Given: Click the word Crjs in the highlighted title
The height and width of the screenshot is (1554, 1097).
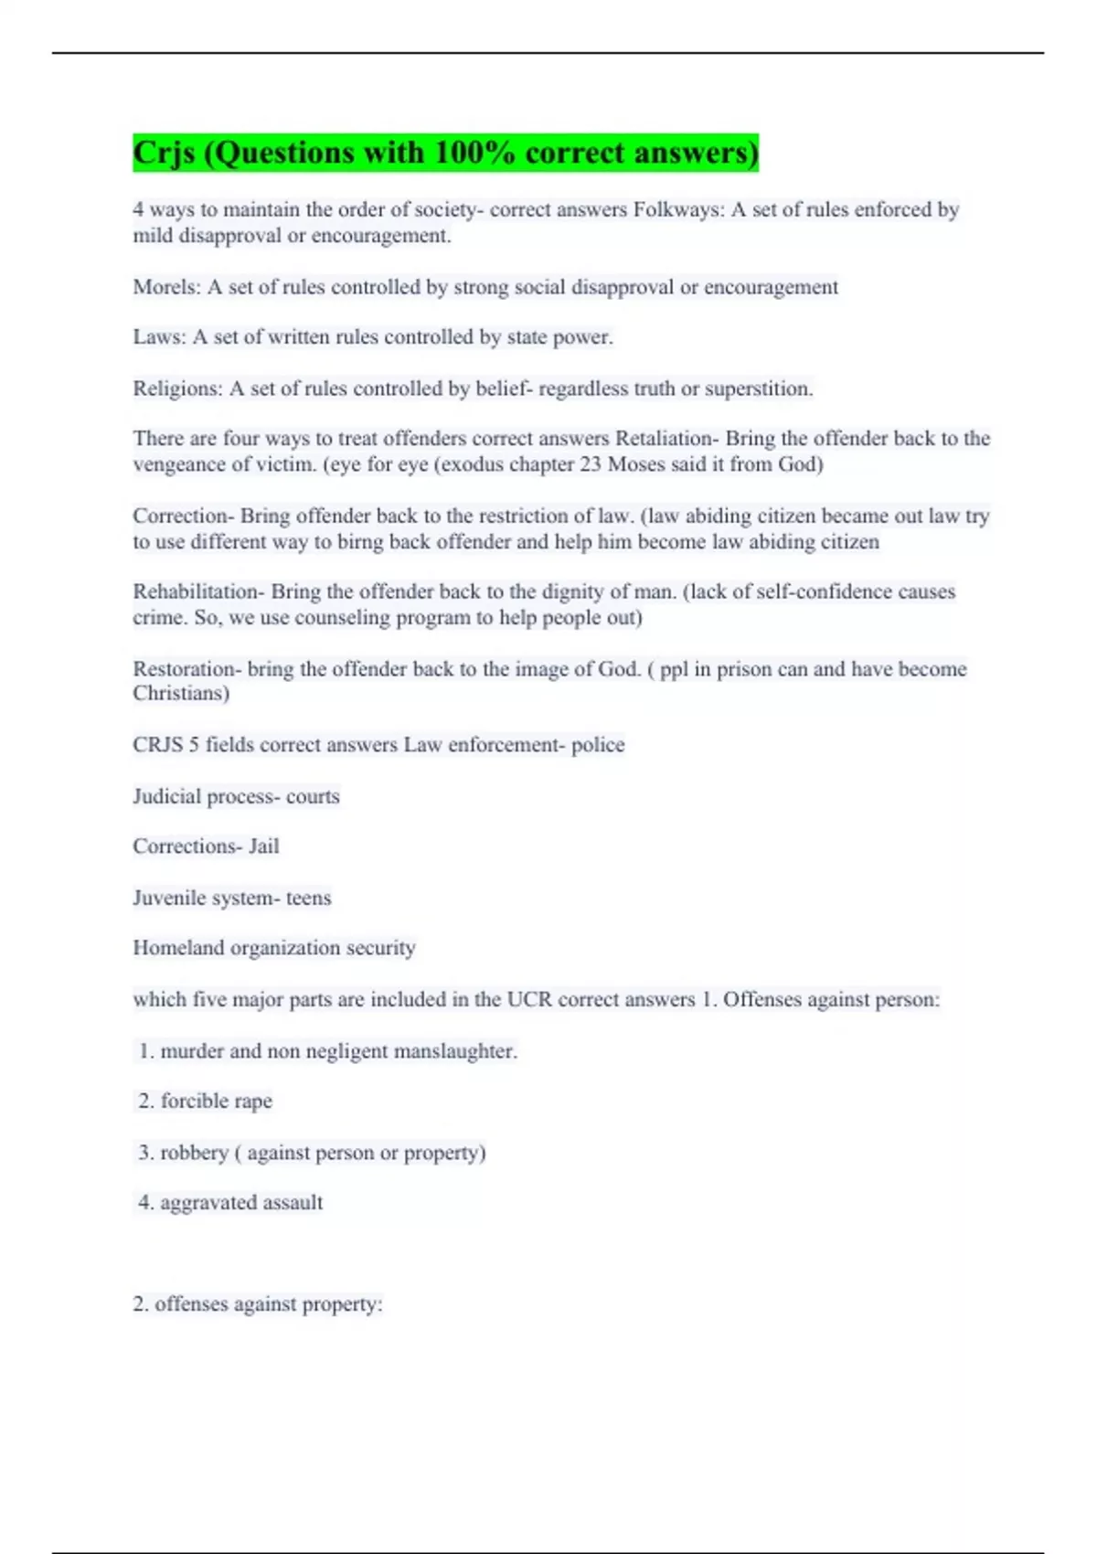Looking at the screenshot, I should (x=165, y=153).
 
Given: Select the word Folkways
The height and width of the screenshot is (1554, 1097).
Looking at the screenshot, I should (x=677, y=210).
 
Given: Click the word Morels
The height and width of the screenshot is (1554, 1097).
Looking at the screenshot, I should (x=165, y=288).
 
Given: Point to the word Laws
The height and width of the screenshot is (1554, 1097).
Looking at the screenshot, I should (x=158, y=337).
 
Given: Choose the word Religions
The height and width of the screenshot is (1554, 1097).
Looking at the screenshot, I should (x=176, y=389).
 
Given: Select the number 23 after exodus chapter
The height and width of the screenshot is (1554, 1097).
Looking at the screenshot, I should (x=591, y=464).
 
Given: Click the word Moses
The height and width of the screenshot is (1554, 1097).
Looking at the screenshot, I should (x=636, y=464).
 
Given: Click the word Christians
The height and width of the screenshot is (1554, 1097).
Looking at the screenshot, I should (x=180, y=694).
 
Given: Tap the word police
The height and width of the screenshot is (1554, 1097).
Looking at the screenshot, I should (x=598, y=746).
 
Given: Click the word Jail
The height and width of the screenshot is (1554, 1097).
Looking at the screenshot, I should (x=264, y=846).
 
